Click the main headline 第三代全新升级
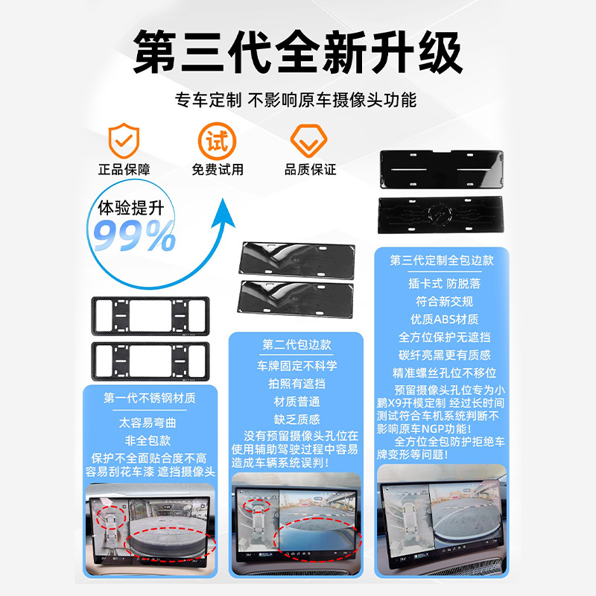click(297, 52)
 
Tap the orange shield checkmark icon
click(124, 140)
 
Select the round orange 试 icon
click(217, 141)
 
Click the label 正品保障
click(124, 170)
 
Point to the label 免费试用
click(218, 170)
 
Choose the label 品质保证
click(310, 170)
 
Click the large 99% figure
click(134, 235)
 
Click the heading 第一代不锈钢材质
click(150, 398)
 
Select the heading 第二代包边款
click(297, 345)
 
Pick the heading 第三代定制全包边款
click(442, 260)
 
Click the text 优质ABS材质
click(444, 320)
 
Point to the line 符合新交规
click(444, 302)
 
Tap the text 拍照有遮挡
click(297, 384)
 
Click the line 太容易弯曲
click(148, 422)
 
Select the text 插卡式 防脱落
click(444, 284)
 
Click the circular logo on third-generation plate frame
click(441, 215)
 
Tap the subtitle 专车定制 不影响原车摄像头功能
click(296, 101)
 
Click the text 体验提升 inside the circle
click(131, 209)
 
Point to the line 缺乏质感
click(297, 419)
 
